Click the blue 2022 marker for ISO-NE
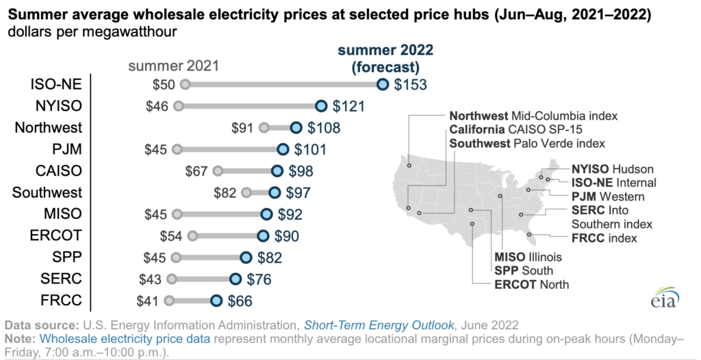pyautogui.click(x=383, y=84)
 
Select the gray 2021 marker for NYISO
pyautogui.click(x=179, y=106)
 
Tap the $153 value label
pyautogui.click(x=410, y=85)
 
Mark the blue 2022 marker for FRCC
pyautogui.click(x=216, y=300)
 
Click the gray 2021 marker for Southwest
pyautogui.click(x=246, y=192)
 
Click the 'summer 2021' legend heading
pyautogui.click(x=173, y=66)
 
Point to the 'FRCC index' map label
pyautogui.click(x=604, y=238)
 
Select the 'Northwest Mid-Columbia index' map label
pyautogui.click(x=533, y=115)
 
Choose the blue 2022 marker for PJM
pyautogui.click(x=283, y=149)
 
